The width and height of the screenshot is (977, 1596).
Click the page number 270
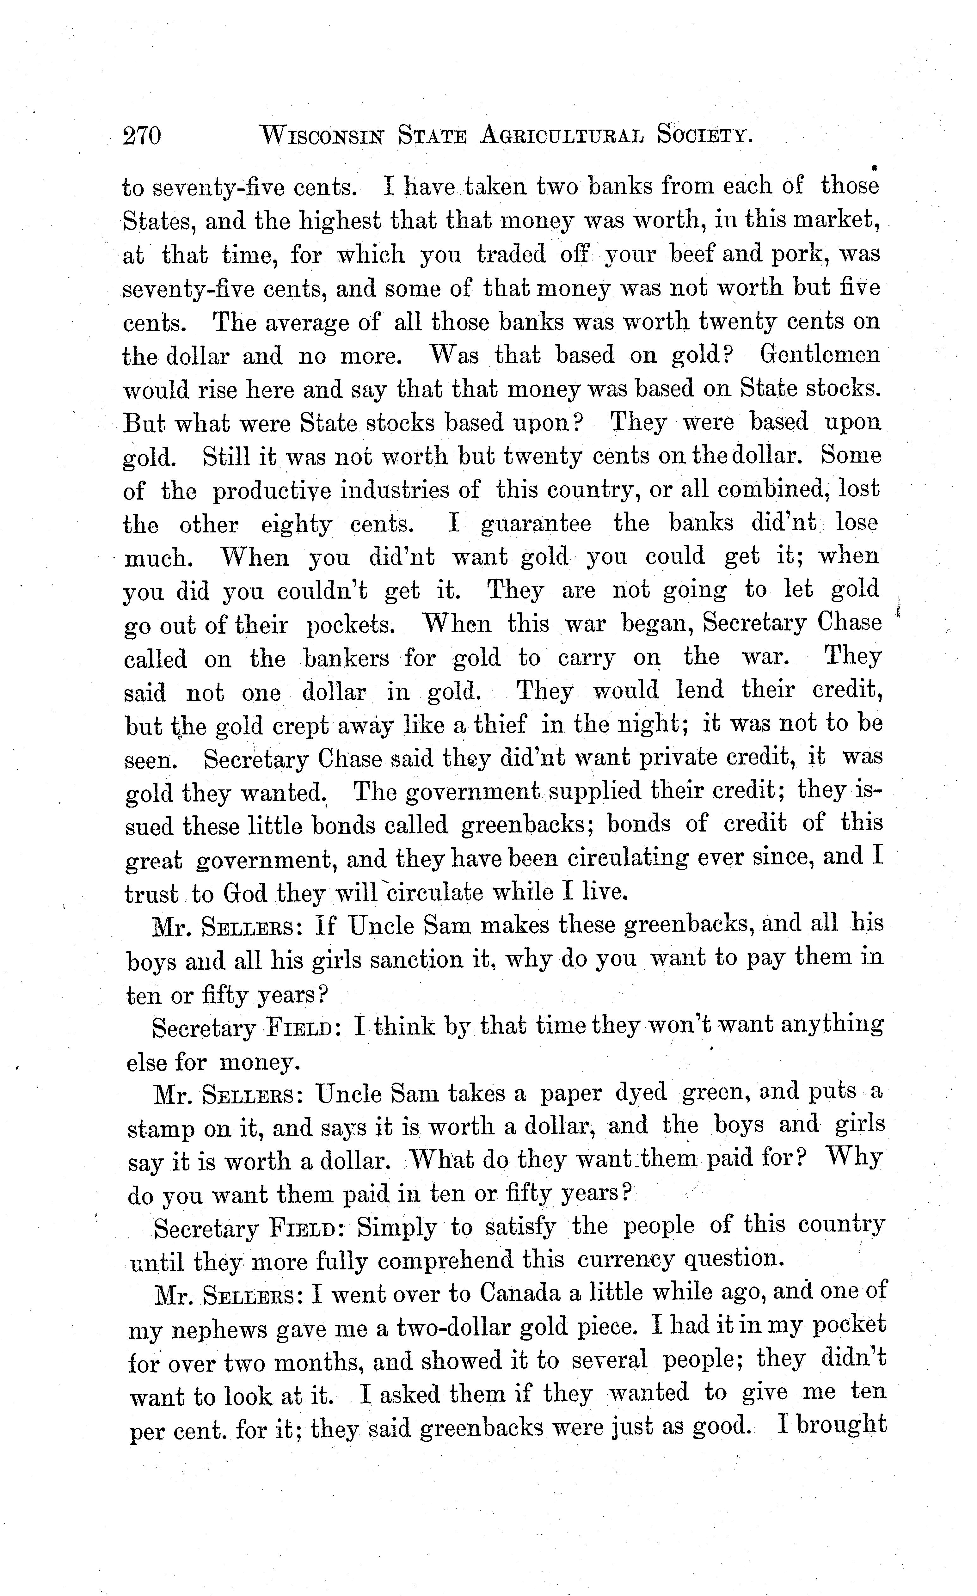141,136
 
